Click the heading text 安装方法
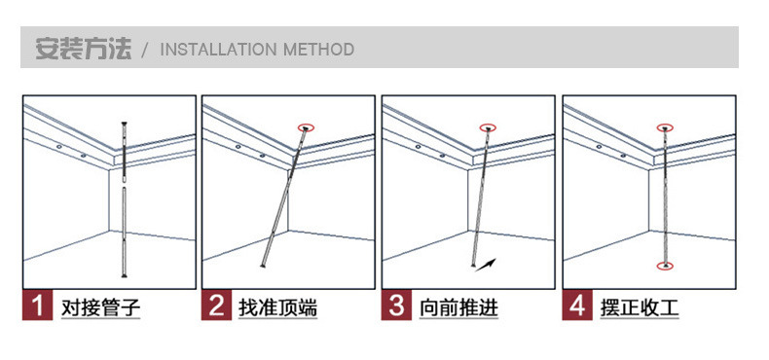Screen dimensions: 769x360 pos(84,49)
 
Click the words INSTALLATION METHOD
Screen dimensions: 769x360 pos(257,50)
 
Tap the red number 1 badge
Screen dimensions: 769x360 pos(37,306)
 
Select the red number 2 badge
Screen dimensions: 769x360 pos(216,306)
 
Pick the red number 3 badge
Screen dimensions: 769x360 pos(396,306)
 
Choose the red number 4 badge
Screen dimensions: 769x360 pos(576,306)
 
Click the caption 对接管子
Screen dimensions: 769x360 pos(100,308)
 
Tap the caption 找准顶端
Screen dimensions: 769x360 pos(277,308)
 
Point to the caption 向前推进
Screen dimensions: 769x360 pos(458,308)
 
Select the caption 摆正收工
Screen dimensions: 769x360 pos(640,308)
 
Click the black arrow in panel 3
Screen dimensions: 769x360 pos(486,265)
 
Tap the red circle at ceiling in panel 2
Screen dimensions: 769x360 pos(306,127)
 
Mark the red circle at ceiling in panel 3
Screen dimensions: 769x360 pos(488,127)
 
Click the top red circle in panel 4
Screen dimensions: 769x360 pos(665,127)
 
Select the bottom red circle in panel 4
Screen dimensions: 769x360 pos(665,266)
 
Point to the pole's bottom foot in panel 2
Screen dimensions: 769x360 pos(264,266)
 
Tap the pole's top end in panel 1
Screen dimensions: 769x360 pos(124,123)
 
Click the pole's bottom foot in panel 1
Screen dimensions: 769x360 pos(124,275)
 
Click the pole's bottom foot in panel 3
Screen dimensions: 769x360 pos(474,266)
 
